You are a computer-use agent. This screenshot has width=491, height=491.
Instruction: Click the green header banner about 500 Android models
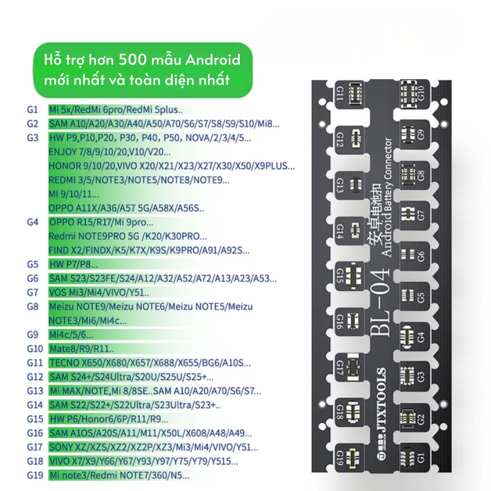142,70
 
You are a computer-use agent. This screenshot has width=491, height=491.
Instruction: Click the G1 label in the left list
32,109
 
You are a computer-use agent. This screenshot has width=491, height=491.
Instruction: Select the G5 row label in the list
32,265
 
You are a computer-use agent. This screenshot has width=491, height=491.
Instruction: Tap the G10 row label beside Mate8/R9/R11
35,349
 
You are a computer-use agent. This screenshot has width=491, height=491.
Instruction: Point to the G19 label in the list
35,475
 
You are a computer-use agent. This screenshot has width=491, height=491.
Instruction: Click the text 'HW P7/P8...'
73,265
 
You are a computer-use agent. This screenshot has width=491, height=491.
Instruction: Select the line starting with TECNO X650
150,363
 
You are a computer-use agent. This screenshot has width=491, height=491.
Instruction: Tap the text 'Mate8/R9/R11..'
81,349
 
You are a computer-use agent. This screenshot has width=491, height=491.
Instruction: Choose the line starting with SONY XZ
154,447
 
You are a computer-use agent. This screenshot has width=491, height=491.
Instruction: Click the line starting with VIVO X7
143,462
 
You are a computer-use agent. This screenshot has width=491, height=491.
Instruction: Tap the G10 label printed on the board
421,92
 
